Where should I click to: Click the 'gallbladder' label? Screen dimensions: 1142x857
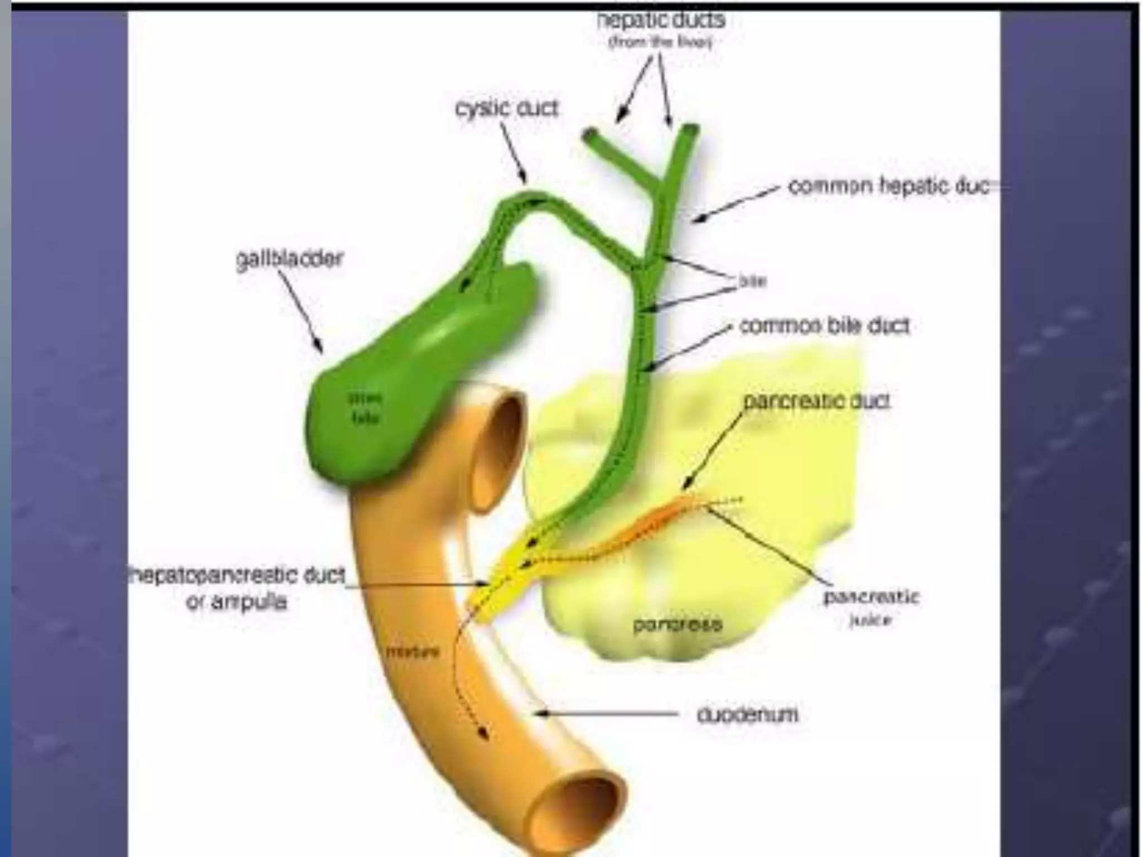click(x=289, y=260)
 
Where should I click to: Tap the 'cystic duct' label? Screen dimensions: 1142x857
click(x=506, y=108)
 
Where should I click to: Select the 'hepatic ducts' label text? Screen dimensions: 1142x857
click(x=660, y=21)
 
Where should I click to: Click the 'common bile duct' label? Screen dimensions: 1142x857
click(x=824, y=326)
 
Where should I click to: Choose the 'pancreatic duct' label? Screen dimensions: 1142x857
click(x=816, y=401)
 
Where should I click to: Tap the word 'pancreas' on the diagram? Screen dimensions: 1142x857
click(x=678, y=624)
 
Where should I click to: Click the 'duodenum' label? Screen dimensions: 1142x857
click(x=747, y=715)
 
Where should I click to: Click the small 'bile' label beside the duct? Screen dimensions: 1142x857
click(x=752, y=282)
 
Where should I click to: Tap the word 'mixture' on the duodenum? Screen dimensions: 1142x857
click(x=413, y=652)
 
